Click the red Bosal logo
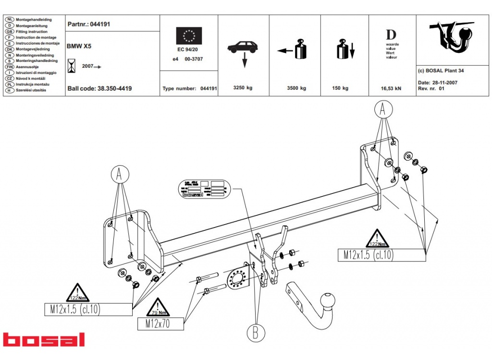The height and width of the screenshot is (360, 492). click(44, 339)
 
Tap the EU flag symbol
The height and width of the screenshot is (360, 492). click(189, 36)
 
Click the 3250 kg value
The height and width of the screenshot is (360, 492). click(243, 88)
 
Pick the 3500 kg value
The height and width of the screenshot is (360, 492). click(296, 88)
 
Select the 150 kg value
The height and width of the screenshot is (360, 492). click(340, 88)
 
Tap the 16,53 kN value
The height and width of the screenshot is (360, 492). click(391, 88)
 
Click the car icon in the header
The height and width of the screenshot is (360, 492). click(243, 47)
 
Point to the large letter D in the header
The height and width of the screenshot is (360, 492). click(391, 35)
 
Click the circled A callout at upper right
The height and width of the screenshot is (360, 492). click(383, 110)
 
